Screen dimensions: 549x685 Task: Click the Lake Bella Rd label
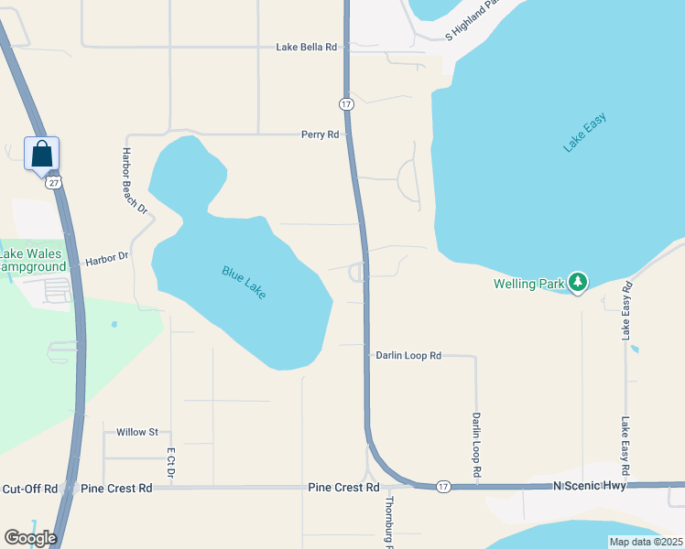tap(307, 46)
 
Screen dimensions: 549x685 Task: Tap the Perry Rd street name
tap(320, 135)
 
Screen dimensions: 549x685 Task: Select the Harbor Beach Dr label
tap(136, 181)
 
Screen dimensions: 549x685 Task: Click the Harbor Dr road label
tap(107, 260)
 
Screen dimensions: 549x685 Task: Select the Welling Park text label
tap(529, 284)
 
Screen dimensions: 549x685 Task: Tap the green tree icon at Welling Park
tap(577, 283)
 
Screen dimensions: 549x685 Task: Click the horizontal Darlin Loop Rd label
tap(408, 355)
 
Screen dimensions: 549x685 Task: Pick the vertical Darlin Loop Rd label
tap(476, 445)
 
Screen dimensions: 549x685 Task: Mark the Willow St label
tap(137, 432)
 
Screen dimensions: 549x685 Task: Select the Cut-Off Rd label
tap(30, 489)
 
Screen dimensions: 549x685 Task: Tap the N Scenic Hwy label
tap(590, 487)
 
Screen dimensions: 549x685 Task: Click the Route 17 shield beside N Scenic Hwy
tap(443, 485)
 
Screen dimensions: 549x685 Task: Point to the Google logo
tap(30, 538)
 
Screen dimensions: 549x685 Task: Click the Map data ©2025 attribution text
tap(645, 542)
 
